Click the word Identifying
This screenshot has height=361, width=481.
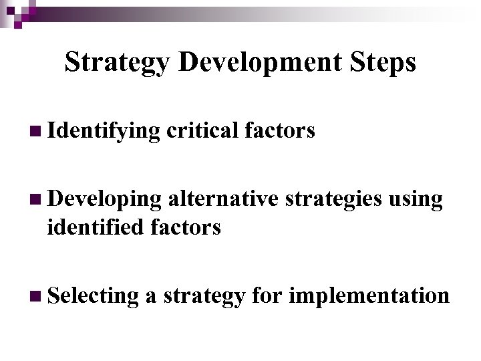[104, 132]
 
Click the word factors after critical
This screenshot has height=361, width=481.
[279, 131]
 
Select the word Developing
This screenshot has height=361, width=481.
[104, 200]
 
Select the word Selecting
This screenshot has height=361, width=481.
[94, 295]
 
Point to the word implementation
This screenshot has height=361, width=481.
[369, 295]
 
